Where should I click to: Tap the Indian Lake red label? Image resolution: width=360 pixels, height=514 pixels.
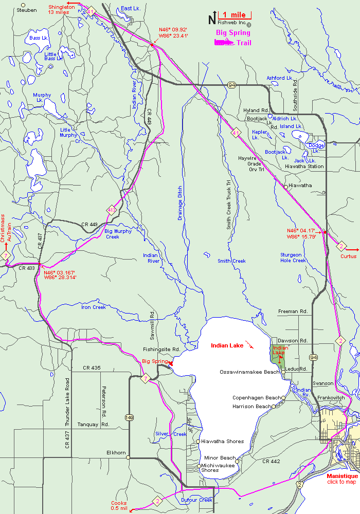227,345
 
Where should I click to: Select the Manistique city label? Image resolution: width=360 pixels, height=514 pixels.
342,476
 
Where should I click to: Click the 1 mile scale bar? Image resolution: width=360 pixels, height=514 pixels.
235,16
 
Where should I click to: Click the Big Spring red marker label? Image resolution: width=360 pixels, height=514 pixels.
155,361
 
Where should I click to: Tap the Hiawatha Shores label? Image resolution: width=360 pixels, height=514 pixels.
223,442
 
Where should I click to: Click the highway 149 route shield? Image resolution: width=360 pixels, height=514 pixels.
129,403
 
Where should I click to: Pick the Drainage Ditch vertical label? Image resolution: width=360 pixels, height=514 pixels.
180,203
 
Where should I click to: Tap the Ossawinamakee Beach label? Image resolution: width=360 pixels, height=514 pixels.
250,372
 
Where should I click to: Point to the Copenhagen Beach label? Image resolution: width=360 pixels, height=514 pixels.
257,398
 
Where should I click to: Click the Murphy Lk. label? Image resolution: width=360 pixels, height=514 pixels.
42,97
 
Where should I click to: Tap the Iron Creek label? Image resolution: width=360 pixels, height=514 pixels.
94,307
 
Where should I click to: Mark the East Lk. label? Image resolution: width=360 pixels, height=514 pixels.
131,9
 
